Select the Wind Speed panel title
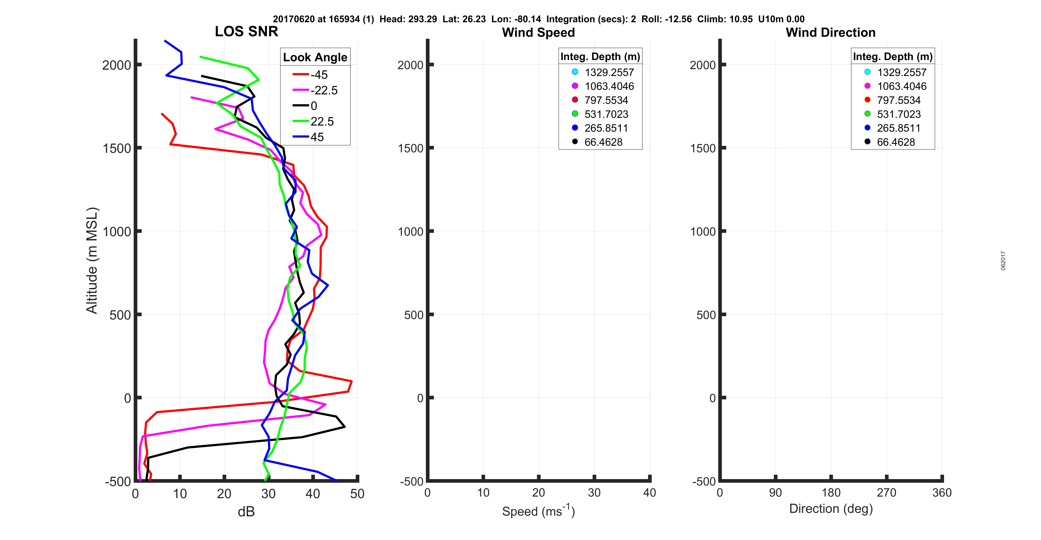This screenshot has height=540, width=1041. click(538, 32)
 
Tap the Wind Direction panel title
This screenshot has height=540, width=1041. click(831, 32)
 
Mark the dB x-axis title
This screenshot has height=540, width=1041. click(246, 512)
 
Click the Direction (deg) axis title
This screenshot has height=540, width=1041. click(831, 508)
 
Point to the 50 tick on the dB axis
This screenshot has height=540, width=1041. click(357, 493)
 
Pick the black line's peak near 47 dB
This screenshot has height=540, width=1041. click(344, 427)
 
